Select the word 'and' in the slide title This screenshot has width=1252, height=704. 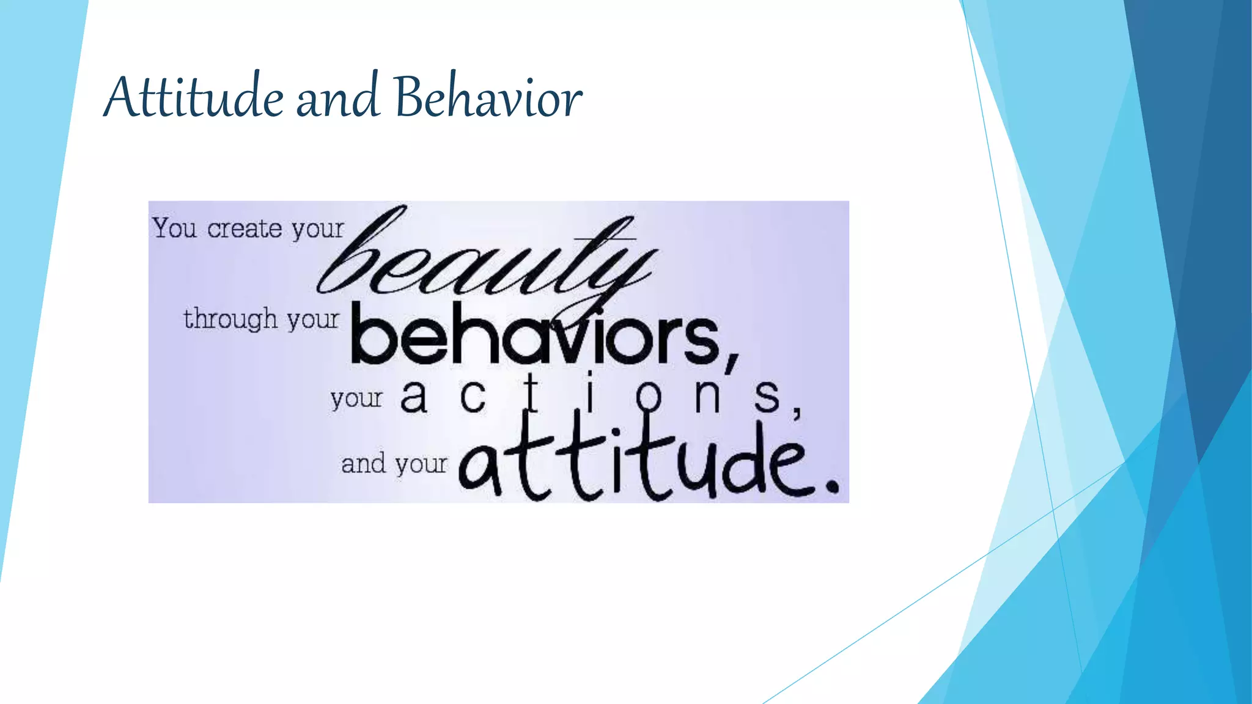tap(337, 98)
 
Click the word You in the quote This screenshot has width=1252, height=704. tap(175, 229)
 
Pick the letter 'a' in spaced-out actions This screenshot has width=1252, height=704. tap(413, 397)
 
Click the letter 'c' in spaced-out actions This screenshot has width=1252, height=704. tap(473, 397)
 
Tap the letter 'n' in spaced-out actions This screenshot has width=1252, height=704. tap(707, 397)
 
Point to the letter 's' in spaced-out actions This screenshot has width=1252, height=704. tap(767, 397)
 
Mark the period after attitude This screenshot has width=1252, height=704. tap(831, 486)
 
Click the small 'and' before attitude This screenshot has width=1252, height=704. tap(364, 464)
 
